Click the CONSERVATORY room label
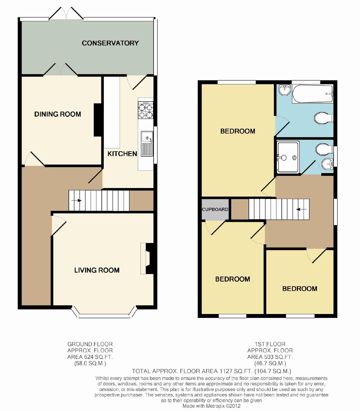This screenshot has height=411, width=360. (x=110, y=43)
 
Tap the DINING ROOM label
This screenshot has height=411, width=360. (x=58, y=114)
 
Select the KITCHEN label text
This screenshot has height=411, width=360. (x=122, y=154)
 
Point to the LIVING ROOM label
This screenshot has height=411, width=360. (x=97, y=270)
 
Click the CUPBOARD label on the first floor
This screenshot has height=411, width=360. (x=215, y=209)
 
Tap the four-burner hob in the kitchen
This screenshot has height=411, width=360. (x=145, y=110)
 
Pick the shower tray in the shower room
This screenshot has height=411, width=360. (x=288, y=157)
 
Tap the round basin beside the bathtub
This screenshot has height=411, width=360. (x=285, y=89)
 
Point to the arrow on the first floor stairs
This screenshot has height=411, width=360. (x=301, y=209)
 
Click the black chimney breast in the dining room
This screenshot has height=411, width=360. (x=98, y=120)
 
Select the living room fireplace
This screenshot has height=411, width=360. (x=147, y=259)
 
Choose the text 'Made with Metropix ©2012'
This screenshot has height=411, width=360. (x=211, y=406)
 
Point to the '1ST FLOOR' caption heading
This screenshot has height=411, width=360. (x=270, y=344)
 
